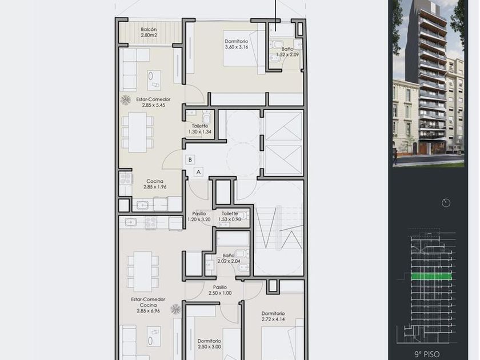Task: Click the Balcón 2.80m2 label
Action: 149,32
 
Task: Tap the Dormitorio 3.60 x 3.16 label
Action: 237,44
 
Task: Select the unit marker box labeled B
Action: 190,159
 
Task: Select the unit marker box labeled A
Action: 198,172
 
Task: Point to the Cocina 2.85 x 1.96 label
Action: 155,184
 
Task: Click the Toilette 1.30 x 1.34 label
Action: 200,129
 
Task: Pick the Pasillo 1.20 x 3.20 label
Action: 199,217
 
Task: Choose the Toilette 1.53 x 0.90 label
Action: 230,217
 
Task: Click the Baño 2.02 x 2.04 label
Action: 229,258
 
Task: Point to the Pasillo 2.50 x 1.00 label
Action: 220,290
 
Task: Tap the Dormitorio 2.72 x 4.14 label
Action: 273,316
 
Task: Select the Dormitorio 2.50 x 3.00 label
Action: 209,344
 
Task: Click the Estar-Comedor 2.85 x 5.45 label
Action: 153,102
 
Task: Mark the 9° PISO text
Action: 427,354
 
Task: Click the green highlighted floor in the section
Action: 431,277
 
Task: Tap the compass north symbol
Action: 446,203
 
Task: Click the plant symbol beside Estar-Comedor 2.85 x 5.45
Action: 125,100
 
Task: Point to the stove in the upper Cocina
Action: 126,178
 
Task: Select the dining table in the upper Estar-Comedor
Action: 138,132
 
